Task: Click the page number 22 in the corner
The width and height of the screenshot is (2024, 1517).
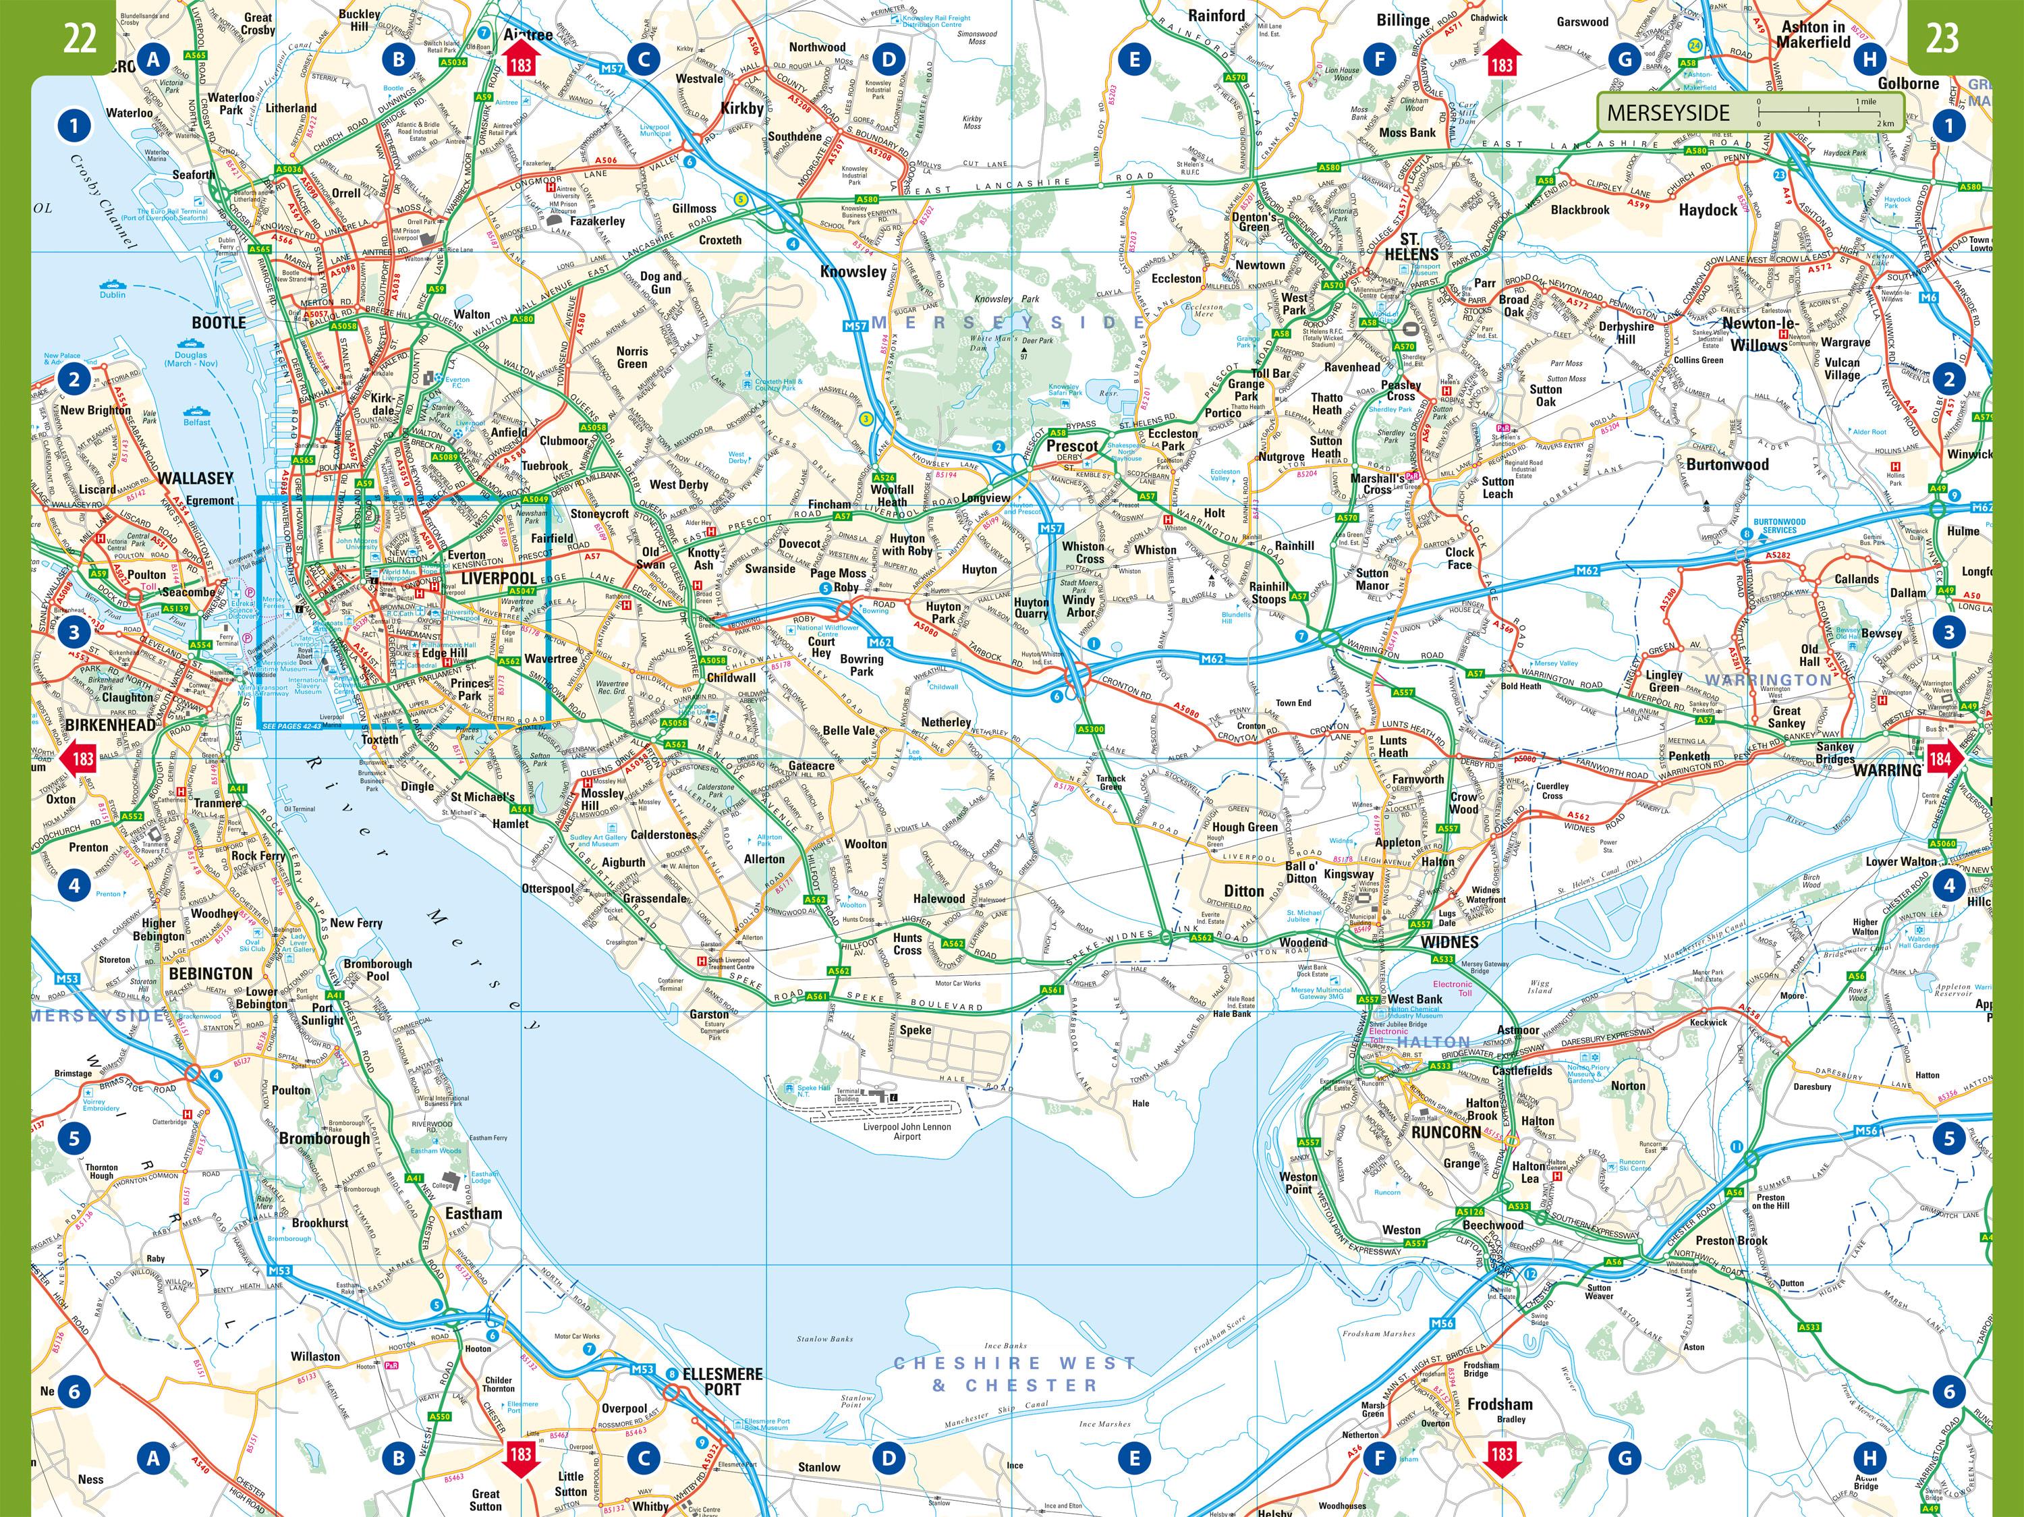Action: pyautogui.click(x=80, y=38)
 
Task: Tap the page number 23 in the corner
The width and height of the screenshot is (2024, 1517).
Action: pyautogui.click(x=1942, y=38)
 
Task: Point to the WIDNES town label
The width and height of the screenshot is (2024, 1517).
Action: pyautogui.click(x=1449, y=941)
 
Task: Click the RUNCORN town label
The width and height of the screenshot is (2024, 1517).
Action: pyautogui.click(x=1445, y=1132)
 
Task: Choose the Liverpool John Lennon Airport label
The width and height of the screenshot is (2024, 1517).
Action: pyautogui.click(x=907, y=1131)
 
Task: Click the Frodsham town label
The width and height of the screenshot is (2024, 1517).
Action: pyautogui.click(x=1499, y=1404)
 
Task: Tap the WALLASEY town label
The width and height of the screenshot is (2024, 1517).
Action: pyautogui.click(x=195, y=478)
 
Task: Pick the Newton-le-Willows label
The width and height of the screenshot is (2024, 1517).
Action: pyautogui.click(x=1759, y=334)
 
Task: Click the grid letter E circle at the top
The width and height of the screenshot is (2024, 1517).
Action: pyautogui.click(x=1133, y=60)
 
